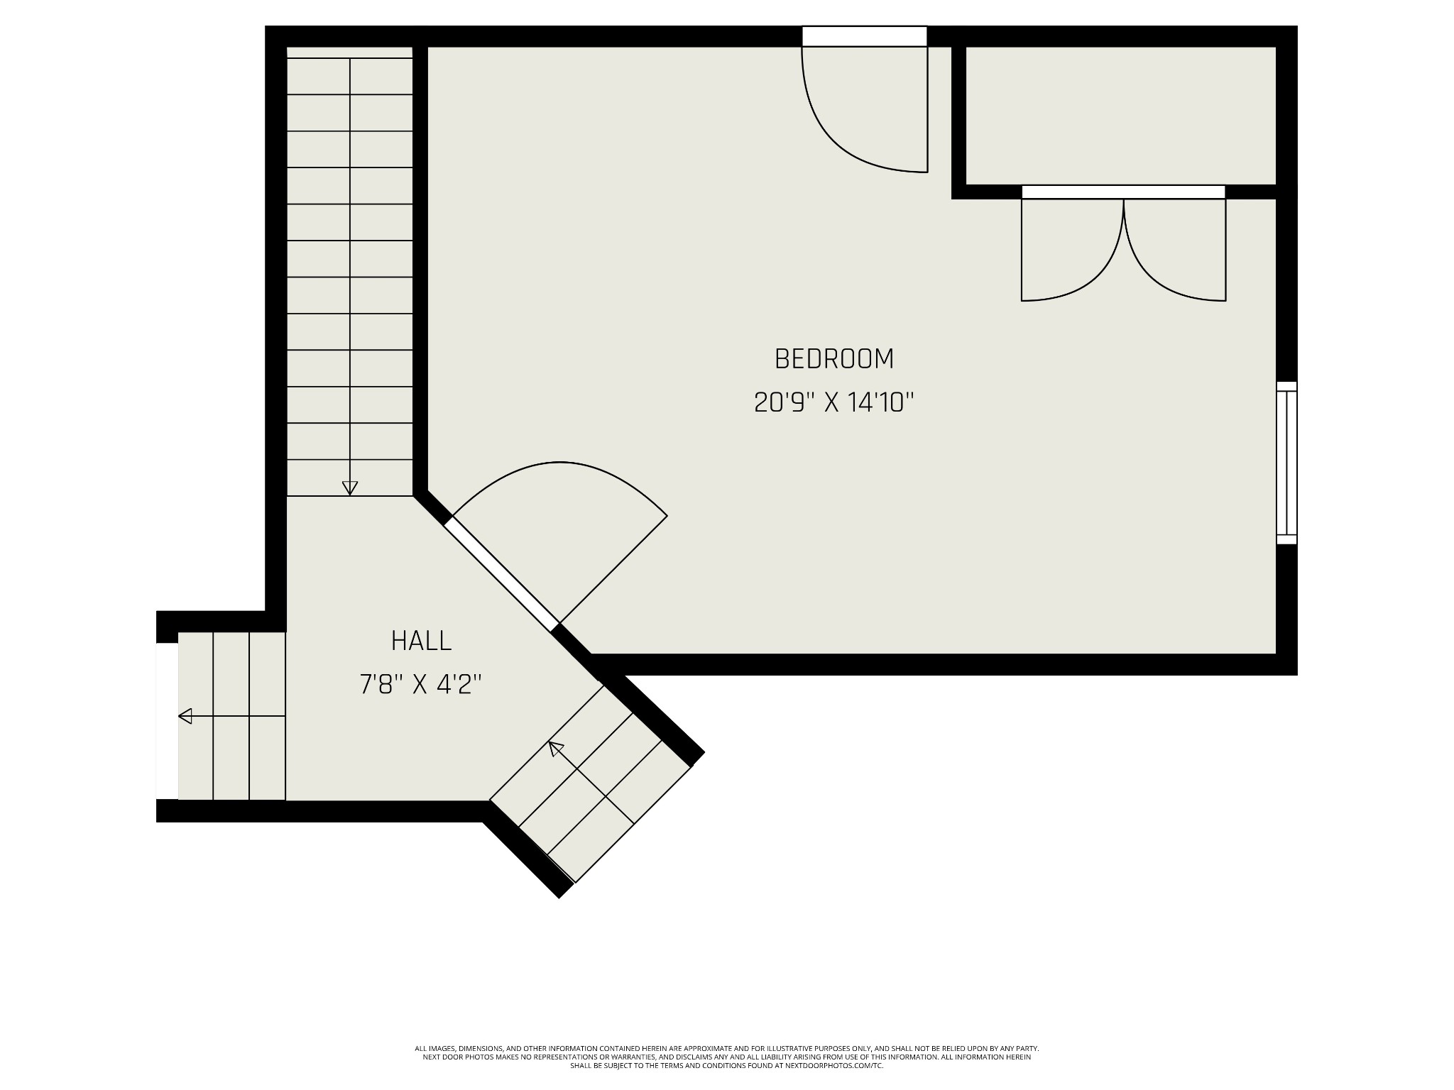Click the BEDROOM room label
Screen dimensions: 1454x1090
pyautogui.click(x=834, y=359)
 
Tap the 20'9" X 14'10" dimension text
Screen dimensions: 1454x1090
pyautogui.click(x=833, y=403)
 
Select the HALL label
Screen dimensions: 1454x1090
pyautogui.click(x=422, y=641)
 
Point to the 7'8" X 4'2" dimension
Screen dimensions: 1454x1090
pyautogui.click(x=421, y=685)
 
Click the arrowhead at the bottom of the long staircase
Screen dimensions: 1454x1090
pyautogui.click(x=349, y=488)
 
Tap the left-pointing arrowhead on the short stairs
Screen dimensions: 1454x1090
pyautogui.click(x=185, y=716)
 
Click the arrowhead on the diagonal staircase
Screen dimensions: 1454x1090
pyautogui.click(x=556, y=748)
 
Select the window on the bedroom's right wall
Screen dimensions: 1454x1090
pyautogui.click(x=1286, y=463)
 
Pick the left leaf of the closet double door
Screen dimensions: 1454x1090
pyautogui.click(x=1072, y=250)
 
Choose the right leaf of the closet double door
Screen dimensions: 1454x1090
pyautogui.click(x=1175, y=250)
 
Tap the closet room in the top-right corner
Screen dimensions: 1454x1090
pyautogui.click(x=1121, y=116)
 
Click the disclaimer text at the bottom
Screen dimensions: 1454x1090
pyautogui.click(x=726, y=1076)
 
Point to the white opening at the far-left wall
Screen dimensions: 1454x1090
pyautogui.click(x=168, y=721)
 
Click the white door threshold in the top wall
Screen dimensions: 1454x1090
pyautogui.click(x=865, y=36)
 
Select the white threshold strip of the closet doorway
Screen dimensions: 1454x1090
pyautogui.click(x=1123, y=192)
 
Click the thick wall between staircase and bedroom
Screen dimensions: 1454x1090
pyautogui.click(x=420, y=268)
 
